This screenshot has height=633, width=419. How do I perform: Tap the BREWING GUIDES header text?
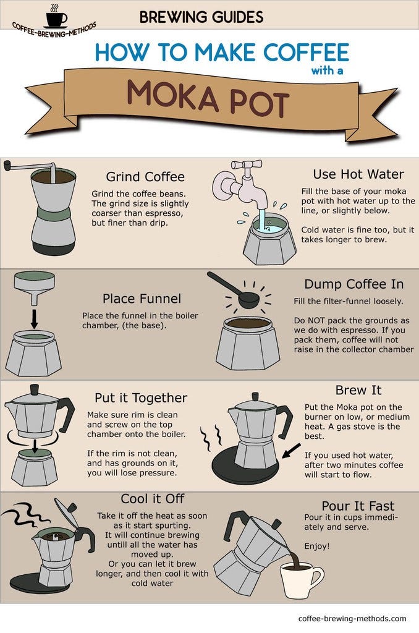[x=201, y=17]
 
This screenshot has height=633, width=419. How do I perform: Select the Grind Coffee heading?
[x=145, y=177]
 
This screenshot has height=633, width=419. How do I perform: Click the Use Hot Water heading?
[x=358, y=174]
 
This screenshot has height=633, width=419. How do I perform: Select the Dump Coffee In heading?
[x=353, y=284]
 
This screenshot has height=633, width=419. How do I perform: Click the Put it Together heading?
[x=140, y=397]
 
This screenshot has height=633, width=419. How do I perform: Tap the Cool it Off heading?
[x=151, y=498]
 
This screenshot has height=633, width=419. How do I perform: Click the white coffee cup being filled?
[x=304, y=579]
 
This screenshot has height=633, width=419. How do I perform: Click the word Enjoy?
[x=317, y=546]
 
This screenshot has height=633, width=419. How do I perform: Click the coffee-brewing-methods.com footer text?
[x=352, y=618]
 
